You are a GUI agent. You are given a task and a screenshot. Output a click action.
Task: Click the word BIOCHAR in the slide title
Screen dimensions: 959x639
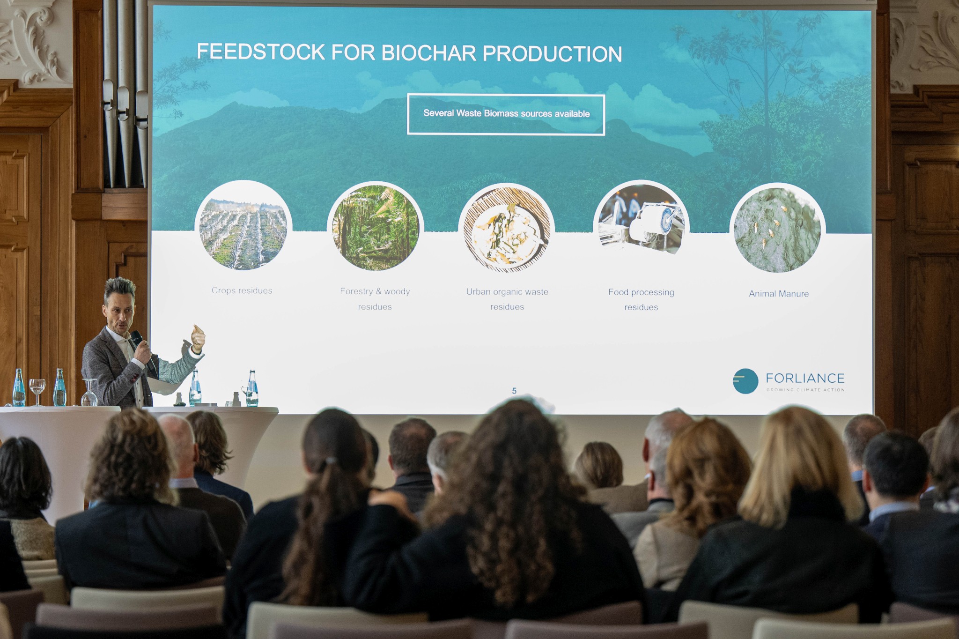click(x=428, y=53)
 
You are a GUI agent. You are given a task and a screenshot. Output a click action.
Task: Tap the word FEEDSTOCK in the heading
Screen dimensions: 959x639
click(x=260, y=52)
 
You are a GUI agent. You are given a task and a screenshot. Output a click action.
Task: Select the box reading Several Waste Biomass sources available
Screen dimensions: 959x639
click(x=506, y=114)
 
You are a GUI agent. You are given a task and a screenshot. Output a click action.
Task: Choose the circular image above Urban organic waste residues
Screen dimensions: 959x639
click(x=507, y=228)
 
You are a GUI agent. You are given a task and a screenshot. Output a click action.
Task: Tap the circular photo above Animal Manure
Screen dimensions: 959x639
click(x=777, y=228)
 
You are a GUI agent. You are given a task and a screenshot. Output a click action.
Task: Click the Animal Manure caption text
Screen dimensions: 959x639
click(x=779, y=294)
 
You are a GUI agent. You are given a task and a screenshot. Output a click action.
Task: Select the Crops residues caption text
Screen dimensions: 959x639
click(x=242, y=290)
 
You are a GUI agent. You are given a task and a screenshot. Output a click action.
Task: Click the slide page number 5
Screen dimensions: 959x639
click(x=514, y=391)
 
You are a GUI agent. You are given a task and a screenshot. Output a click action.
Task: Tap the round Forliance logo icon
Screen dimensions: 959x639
click(x=745, y=381)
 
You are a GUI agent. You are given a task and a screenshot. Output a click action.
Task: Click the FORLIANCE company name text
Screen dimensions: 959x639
click(x=805, y=378)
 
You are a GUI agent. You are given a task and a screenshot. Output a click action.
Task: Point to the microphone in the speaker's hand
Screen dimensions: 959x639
click(x=143, y=349)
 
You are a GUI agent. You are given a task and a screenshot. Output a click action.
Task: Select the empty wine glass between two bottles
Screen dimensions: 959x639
click(x=37, y=392)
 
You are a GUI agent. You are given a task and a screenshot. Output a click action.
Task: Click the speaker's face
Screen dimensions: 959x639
click(x=120, y=313)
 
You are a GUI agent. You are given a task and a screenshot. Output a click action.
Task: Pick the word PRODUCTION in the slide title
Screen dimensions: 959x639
click(x=552, y=54)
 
